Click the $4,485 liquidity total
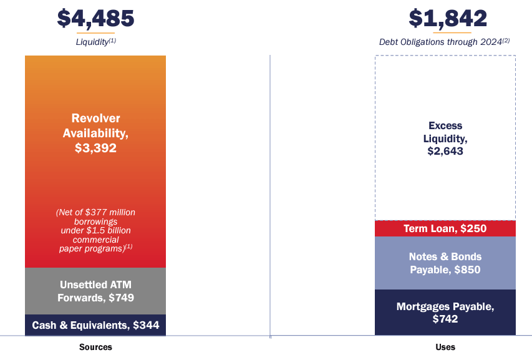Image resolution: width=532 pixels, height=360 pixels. tap(95, 18)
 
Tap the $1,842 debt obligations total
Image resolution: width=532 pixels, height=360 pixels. tap(447, 18)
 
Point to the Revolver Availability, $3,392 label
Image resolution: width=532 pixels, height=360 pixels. tap(95, 134)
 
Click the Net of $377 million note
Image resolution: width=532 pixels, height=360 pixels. tap(95, 230)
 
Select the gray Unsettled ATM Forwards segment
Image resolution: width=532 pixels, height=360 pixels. tap(95, 291)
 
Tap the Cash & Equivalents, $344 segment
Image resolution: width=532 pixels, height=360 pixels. tap(95, 325)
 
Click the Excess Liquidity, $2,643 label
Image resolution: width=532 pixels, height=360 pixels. tap(445, 138)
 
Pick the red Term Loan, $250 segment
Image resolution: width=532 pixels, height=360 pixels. tap(445, 228)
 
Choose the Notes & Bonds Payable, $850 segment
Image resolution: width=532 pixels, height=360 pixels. tap(445, 263)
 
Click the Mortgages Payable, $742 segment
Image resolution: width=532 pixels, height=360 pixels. tap(445, 313)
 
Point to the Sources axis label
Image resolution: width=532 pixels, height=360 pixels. tap(95, 347)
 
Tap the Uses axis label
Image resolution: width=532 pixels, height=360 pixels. tap(445, 347)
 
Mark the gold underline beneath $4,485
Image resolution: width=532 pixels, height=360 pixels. tap(95, 32)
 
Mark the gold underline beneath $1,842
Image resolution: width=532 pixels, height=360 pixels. tap(447, 32)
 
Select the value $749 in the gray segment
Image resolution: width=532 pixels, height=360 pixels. tap(122, 298)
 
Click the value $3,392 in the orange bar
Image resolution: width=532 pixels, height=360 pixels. tap(95, 148)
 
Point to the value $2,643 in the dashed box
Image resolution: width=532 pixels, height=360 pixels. tap(445, 151)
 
